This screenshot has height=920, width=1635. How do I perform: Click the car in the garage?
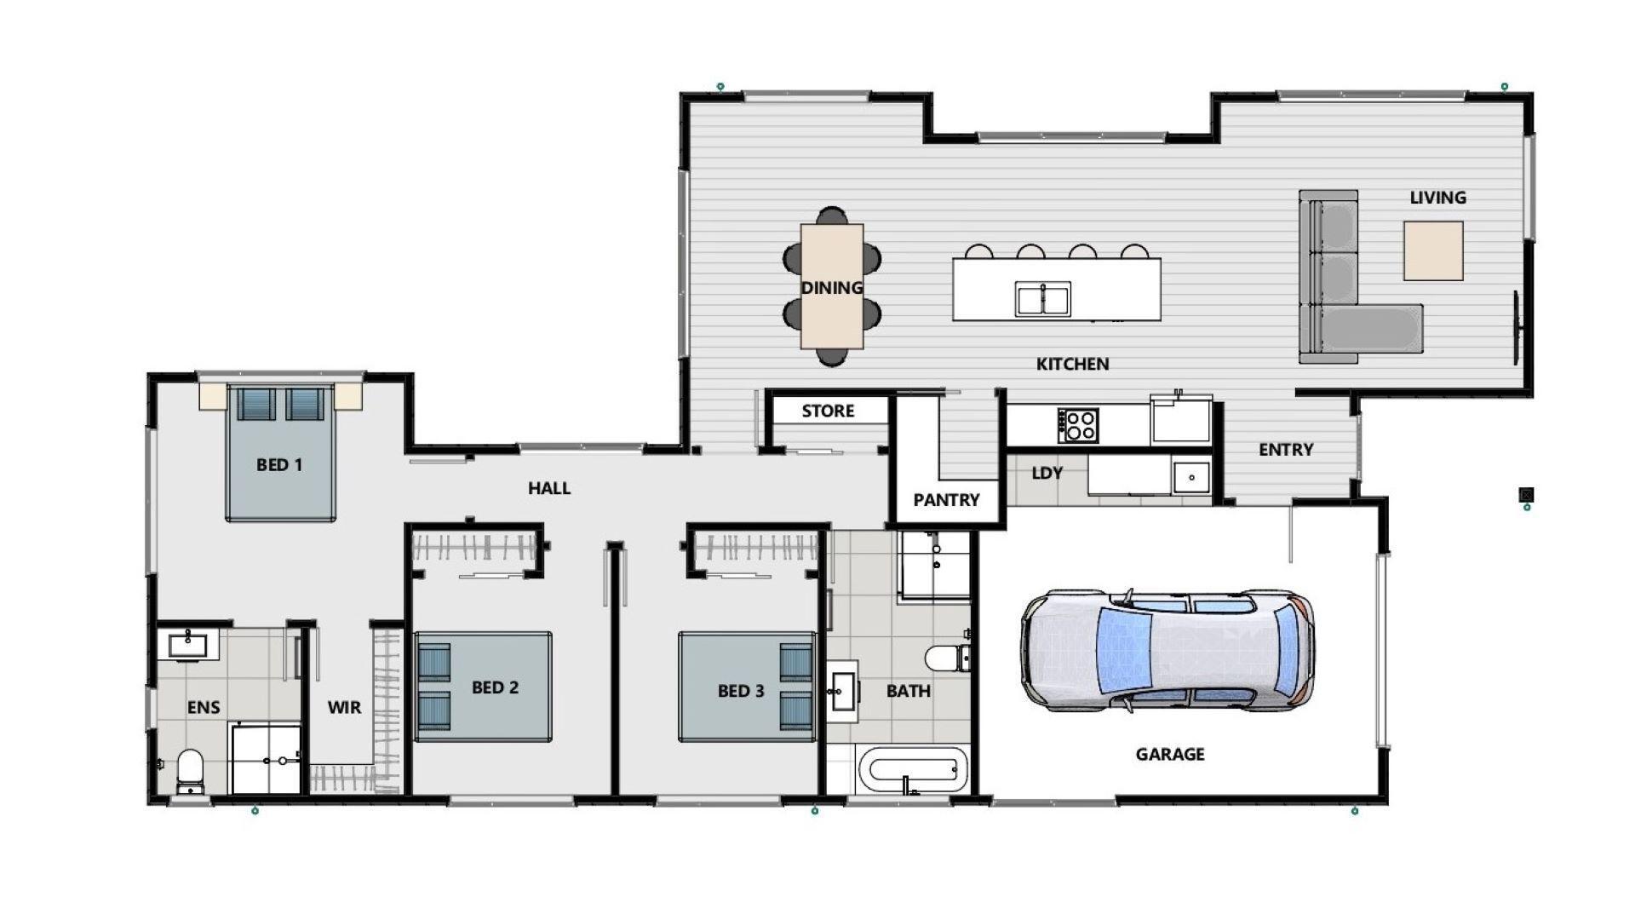click(1167, 652)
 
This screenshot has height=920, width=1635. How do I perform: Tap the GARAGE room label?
click(1169, 754)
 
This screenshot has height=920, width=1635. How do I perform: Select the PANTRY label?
click(946, 500)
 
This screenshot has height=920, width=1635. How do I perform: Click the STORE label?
click(828, 411)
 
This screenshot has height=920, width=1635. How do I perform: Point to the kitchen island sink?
click(1042, 299)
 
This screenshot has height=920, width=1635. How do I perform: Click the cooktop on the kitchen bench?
click(1078, 424)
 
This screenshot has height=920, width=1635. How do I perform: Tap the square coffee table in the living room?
click(1433, 250)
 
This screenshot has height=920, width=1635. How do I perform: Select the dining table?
click(831, 286)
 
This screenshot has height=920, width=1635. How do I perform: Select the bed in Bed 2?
click(483, 686)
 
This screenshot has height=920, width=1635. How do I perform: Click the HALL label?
click(549, 488)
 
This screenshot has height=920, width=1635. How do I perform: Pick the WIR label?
click(344, 707)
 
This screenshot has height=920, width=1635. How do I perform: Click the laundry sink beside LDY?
click(1191, 477)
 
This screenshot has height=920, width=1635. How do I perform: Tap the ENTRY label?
click(1286, 450)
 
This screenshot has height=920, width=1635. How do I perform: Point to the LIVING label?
click(1437, 198)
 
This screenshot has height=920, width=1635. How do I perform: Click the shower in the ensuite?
click(265, 758)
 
